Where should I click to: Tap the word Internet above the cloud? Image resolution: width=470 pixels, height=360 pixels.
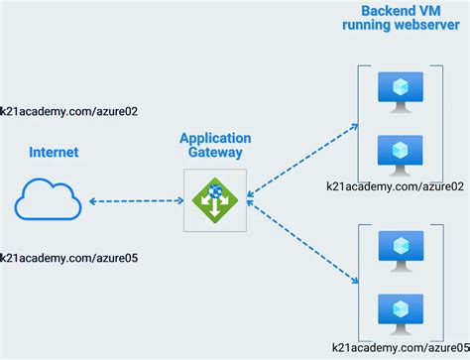tap(54, 153)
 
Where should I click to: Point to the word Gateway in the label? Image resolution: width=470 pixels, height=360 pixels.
tap(215, 153)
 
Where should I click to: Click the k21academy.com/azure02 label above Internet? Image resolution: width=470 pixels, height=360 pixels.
tap(68, 111)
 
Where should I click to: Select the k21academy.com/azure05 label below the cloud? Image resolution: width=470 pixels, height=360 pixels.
tap(68, 258)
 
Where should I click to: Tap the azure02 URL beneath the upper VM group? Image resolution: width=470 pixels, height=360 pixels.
tap(396, 186)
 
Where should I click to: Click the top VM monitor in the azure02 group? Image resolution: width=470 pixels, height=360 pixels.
tap(398, 90)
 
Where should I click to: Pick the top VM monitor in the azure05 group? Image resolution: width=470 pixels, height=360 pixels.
tap(398, 247)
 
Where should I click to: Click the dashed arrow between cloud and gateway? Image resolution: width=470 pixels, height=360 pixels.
tap(133, 201)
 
